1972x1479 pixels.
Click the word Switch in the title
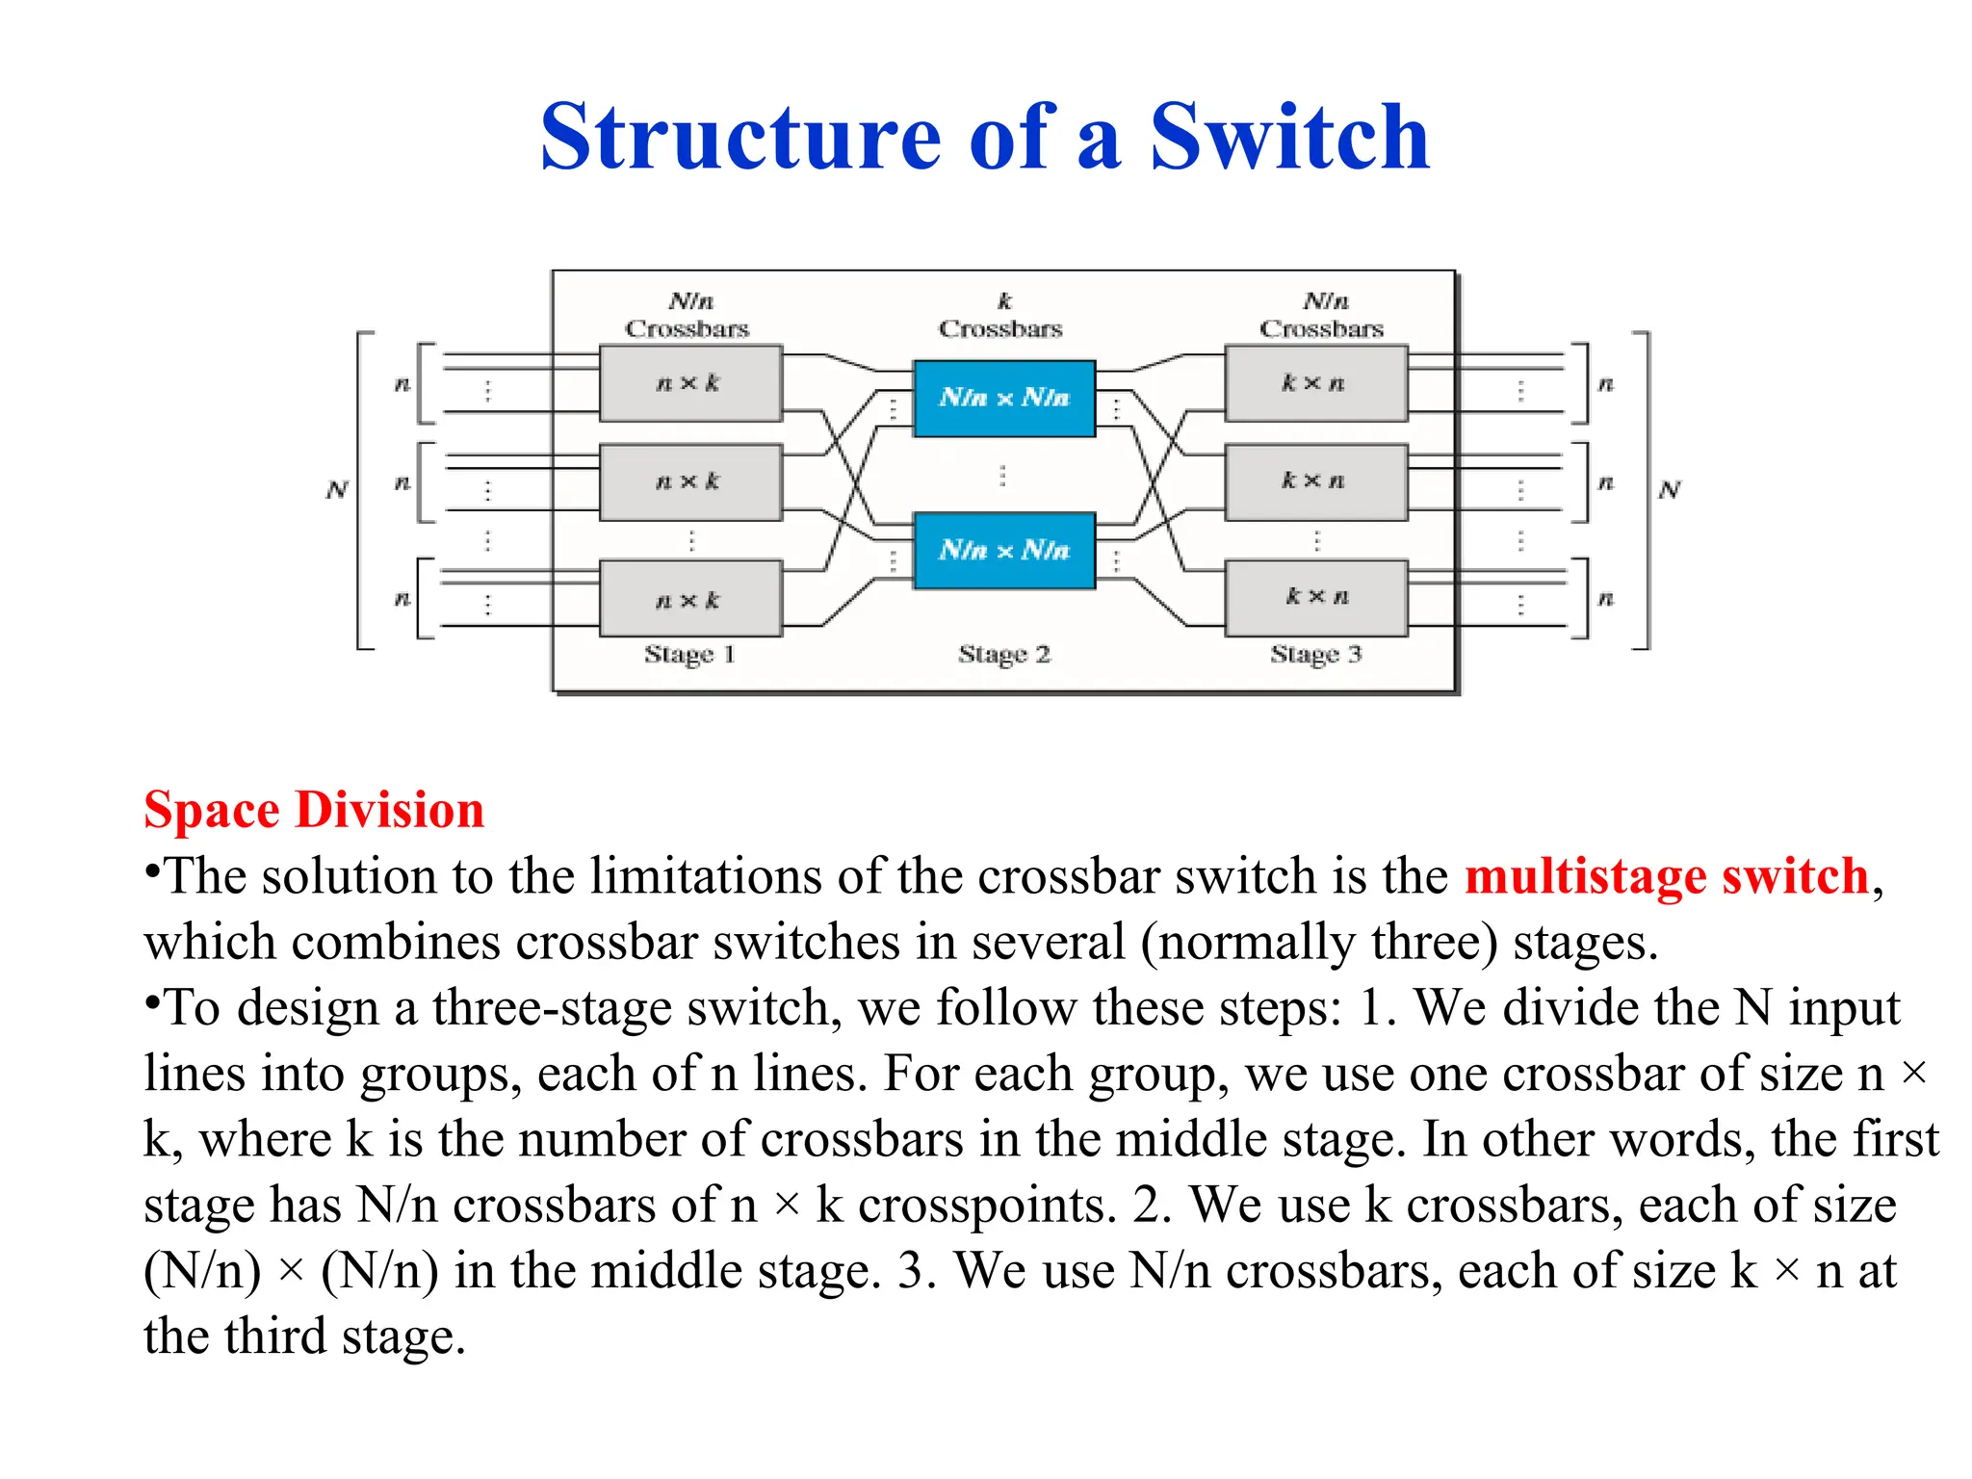[x=1289, y=137]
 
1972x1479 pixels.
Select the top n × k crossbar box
[x=689, y=383]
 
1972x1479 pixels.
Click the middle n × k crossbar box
[x=689, y=481]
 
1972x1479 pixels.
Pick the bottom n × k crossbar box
[x=689, y=599]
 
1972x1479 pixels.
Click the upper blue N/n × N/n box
[x=1003, y=398]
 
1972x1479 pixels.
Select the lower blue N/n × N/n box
[x=1003, y=550]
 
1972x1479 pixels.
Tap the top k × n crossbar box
[x=1315, y=383]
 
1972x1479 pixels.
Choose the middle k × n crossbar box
[x=1315, y=481]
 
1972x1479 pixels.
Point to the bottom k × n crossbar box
[x=1315, y=597]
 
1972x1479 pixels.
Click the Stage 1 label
[x=689, y=655]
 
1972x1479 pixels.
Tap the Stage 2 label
[x=1003, y=655]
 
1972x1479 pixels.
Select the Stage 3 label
[x=1315, y=655]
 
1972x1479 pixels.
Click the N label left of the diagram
[x=336, y=490]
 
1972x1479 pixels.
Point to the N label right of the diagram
[x=1669, y=490]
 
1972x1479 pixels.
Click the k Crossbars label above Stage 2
[x=1001, y=316]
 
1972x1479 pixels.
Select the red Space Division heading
[x=314, y=809]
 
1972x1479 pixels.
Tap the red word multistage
[x=1584, y=876]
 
